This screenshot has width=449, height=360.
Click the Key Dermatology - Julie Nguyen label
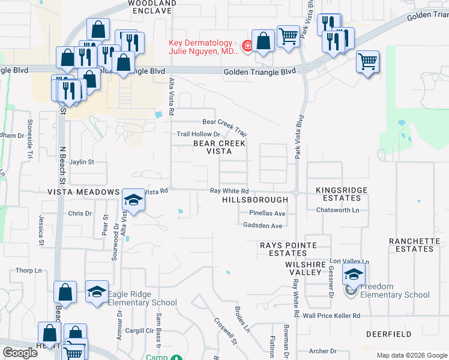(x=203, y=47)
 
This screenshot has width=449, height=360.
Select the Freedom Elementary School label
(x=394, y=290)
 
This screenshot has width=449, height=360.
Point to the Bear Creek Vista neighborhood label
(x=219, y=148)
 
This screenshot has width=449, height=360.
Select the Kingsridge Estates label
(x=342, y=194)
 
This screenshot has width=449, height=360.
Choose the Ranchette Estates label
(x=414, y=245)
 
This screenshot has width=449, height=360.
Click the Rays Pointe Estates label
(x=283, y=250)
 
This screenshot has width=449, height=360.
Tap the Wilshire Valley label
(x=304, y=268)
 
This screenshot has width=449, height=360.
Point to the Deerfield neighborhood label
(x=388, y=334)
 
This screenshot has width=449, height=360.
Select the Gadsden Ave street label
(x=262, y=226)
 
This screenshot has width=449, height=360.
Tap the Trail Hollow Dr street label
(x=194, y=134)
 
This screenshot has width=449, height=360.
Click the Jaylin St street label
(x=82, y=162)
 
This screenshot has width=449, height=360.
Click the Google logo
(x=20, y=353)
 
